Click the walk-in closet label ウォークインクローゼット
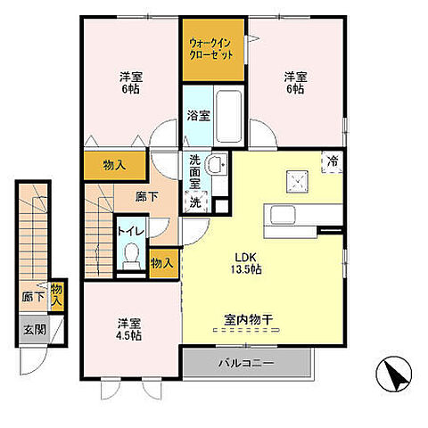[210, 49]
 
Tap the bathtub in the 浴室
[228, 116]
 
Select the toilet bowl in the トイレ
[131, 256]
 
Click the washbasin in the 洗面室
[216, 163]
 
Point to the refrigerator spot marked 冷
[333, 162]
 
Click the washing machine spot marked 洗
[195, 202]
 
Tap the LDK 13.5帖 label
[246, 263]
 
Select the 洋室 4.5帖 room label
[128, 330]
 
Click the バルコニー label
[246, 363]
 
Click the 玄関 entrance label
[35, 330]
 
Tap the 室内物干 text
[249, 320]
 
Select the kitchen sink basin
[283, 216]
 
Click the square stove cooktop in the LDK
[297, 181]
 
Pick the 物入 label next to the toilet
[161, 263]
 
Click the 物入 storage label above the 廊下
[115, 166]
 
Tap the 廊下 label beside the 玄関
[33, 297]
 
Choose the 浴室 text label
[199, 116]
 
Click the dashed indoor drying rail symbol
[247, 330]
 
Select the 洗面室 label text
[195, 172]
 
